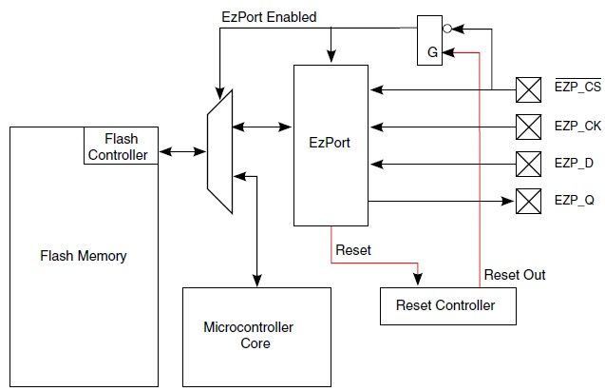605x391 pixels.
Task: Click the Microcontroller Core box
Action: [249, 335]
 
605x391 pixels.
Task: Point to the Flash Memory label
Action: [84, 256]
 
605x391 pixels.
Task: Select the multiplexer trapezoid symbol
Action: [219, 149]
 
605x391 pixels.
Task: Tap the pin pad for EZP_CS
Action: [527, 90]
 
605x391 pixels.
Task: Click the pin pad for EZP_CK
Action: [527, 126]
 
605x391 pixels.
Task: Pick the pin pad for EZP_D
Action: [527, 162]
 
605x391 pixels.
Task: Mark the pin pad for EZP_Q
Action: [527, 200]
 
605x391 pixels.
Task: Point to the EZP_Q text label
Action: [575, 201]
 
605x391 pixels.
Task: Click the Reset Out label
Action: [515, 275]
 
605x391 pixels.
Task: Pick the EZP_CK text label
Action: [577, 126]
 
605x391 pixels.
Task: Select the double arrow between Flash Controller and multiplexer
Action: [183, 150]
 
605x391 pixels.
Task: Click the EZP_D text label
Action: [574, 163]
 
